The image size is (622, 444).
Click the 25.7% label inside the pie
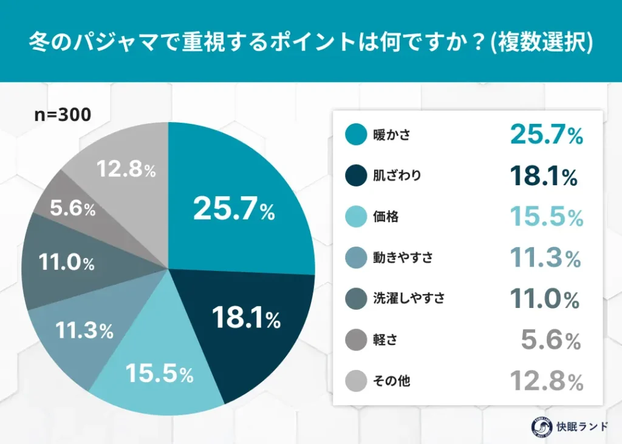coord(234,210)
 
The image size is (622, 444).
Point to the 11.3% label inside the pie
coord(84,331)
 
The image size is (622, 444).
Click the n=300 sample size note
coord(63,115)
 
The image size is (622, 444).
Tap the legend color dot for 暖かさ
coord(355,135)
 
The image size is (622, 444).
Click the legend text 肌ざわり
coord(397,176)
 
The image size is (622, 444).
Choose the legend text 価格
coord(386,217)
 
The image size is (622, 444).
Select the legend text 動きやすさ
coord(403,258)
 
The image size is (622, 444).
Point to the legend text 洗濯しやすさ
coord(409,299)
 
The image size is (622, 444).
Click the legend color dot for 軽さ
coord(355,340)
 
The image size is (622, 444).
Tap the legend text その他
coord(392,381)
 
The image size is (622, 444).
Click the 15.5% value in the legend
coord(546,217)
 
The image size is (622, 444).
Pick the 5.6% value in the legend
coord(551,341)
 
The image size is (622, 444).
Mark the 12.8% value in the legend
coord(546,382)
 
